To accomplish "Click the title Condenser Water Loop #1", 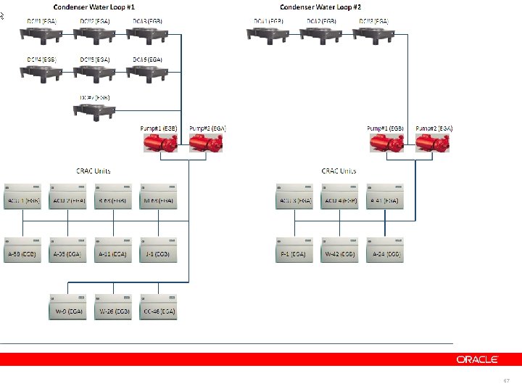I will (99, 7).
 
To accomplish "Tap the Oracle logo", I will (476, 359).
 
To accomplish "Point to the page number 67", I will (506, 380).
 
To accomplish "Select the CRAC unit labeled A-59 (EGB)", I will (22, 249).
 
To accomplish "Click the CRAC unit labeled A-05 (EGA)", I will (69, 249).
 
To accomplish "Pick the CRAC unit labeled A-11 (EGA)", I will (114, 249).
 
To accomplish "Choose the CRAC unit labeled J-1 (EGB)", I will (159, 249).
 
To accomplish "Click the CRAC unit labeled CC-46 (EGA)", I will (159, 306).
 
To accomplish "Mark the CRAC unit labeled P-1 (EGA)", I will (294, 249).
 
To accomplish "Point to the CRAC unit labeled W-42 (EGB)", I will (339, 249).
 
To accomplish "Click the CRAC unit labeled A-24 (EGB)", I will (385, 249).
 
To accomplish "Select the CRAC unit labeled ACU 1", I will (22, 195).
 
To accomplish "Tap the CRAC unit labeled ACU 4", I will (339, 195).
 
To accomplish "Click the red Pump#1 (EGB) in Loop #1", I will (158, 142).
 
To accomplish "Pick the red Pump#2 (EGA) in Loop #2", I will (433, 142).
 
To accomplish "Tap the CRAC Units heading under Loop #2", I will (339, 171).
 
